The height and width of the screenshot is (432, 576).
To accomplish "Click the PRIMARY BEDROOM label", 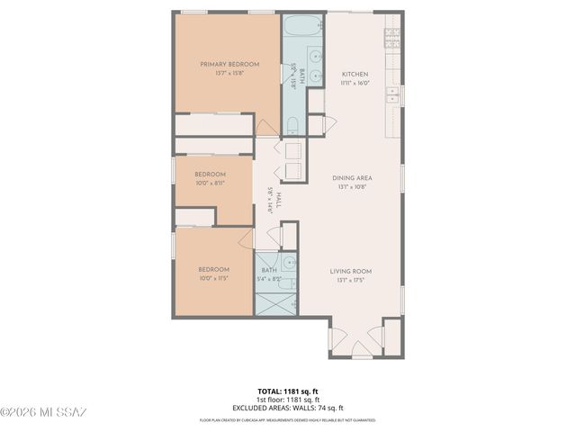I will click(x=229, y=64).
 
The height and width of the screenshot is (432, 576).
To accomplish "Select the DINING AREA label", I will click(x=352, y=178).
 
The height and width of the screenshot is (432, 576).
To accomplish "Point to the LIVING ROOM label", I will click(x=351, y=271).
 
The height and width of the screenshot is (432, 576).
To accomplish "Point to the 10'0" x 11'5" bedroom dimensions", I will click(x=213, y=278).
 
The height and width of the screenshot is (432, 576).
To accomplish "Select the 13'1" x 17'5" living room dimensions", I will click(x=351, y=280).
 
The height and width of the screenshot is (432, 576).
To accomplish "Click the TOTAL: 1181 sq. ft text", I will click(x=287, y=391).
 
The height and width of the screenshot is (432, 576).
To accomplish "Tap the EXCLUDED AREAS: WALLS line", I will click(x=287, y=408).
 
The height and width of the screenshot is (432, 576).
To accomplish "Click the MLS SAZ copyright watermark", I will click(x=43, y=412).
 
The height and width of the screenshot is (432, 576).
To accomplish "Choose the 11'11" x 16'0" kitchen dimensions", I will click(x=355, y=83).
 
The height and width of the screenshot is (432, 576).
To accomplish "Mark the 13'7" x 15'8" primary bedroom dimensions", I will click(x=229, y=73).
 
